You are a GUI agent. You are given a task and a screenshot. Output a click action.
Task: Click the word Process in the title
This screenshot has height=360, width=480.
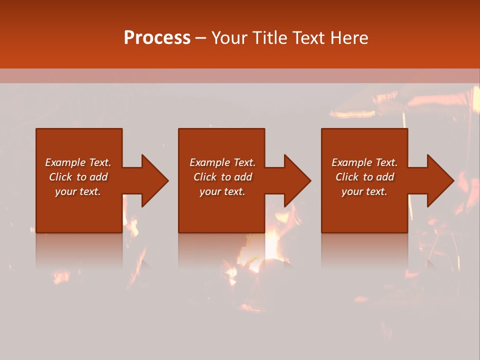(157, 38)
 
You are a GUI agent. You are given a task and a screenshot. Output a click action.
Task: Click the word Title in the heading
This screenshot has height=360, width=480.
(269, 38)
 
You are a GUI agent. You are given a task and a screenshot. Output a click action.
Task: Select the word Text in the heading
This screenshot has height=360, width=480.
(307, 38)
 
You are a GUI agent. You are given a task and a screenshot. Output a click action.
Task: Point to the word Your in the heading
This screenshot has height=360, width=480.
(230, 38)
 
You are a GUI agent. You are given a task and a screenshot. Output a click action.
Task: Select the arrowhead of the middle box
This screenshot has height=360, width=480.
(297, 180)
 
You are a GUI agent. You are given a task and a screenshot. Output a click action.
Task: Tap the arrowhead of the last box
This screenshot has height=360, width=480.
(440, 180)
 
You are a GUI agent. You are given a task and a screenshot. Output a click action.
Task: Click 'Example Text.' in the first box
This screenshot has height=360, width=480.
(78, 162)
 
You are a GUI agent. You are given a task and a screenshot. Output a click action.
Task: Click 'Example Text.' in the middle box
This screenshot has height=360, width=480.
(222, 162)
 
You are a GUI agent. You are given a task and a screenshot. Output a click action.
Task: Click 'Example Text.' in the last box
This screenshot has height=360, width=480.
(364, 162)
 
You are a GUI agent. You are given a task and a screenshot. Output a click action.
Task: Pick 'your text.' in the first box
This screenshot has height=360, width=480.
(77, 191)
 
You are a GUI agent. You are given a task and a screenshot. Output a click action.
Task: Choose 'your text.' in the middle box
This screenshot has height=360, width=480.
(222, 191)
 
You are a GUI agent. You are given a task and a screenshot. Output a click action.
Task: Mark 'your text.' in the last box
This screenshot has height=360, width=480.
(364, 191)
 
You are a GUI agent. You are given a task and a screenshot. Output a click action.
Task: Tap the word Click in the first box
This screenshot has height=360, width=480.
(60, 177)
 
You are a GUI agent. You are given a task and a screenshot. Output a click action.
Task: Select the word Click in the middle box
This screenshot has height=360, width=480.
(205, 177)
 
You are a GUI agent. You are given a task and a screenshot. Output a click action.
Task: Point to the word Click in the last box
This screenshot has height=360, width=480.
(347, 177)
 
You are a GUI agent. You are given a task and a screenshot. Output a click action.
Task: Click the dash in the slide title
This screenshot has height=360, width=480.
(200, 38)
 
